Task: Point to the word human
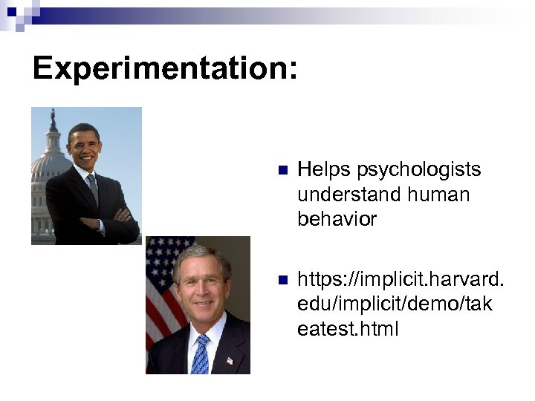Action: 444,195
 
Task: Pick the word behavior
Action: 337,219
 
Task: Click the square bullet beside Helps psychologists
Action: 281,171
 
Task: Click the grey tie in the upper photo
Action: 93,189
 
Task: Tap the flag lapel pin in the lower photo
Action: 230,360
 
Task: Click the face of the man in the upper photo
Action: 84,146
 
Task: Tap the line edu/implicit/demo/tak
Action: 394,304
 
